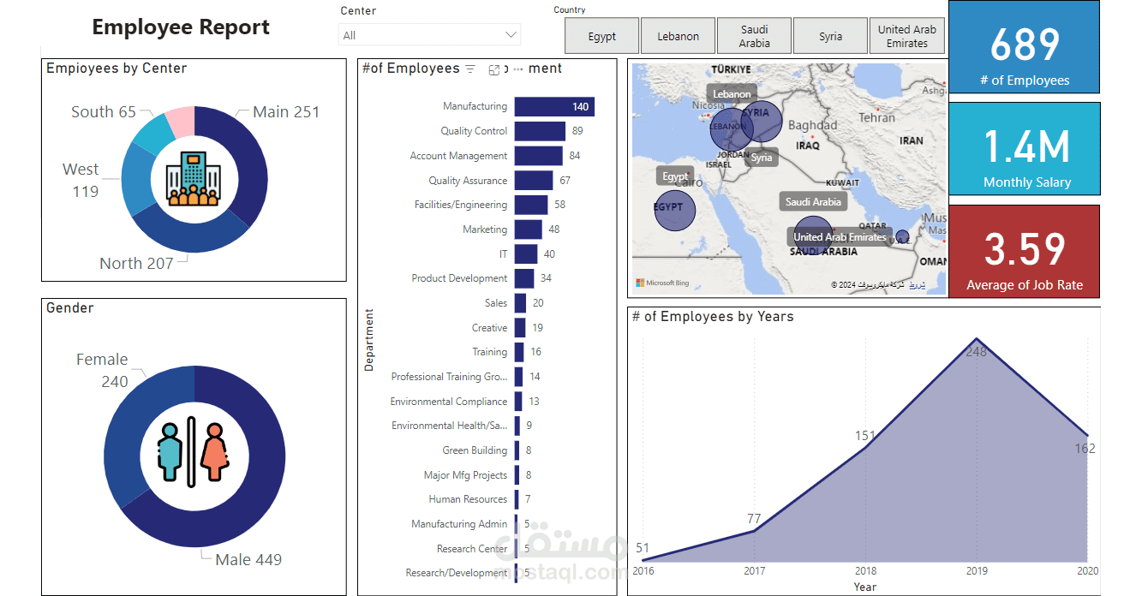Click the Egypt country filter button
pyautogui.click(x=601, y=36)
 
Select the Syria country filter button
pyautogui.click(x=830, y=36)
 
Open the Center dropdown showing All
pyautogui.click(x=429, y=35)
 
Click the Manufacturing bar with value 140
pyautogui.click(x=554, y=107)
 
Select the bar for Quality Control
pyautogui.click(x=540, y=131)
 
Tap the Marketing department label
pyautogui.click(x=485, y=229)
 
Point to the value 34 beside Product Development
pyautogui.click(x=546, y=278)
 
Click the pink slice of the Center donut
pyautogui.click(x=181, y=122)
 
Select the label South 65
pyautogui.click(x=104, y=112)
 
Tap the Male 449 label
pyautogui.click(x=248, y=560)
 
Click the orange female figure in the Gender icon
pyautogui.click(x=215, y=451)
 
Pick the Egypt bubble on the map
pyautogui.click(x=674, y=210)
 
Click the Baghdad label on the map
pyautogui.click(x=812, y=126)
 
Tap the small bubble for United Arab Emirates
pyautogui.click(x=902, y=236)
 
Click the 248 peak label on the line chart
pyautogui.click(x=976, y=351)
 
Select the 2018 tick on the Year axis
pyautogui.click(x=865, y=571)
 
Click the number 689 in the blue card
pyautogui.click(x=1025, y=45)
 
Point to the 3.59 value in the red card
pyautogui.click(x=1025, y=249)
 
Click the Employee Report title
pyautogui.click(x=181, y=27)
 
